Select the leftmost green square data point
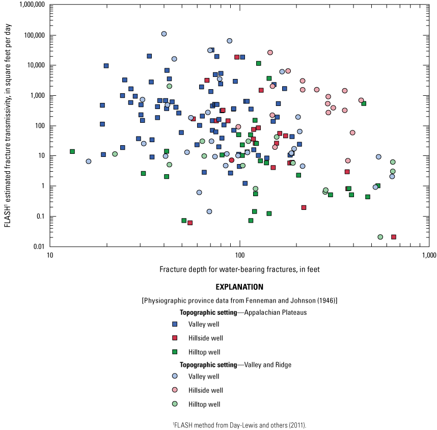coord(72,151)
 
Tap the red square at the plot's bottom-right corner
coord(394,237)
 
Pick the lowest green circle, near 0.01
coord(380,237)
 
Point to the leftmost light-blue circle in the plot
coord(89,162)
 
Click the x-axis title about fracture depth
coord(239,269)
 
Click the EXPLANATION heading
coord(239,287)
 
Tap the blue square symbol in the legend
coord(175,324)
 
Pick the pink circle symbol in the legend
coord(175,390)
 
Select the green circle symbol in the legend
coord(175,404)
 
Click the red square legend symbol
coord(175,338)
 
